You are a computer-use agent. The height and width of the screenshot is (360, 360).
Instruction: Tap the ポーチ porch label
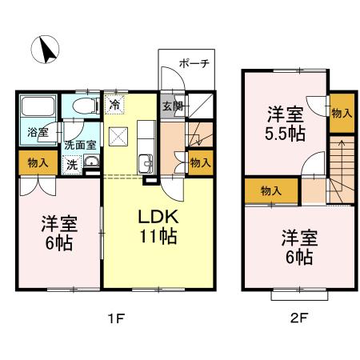193,63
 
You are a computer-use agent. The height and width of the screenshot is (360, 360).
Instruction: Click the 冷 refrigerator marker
115,104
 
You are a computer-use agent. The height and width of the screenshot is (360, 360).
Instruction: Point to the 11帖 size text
156,238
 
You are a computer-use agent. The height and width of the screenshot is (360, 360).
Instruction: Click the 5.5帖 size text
286,133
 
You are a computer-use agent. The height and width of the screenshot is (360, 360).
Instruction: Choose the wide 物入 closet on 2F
270,190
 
